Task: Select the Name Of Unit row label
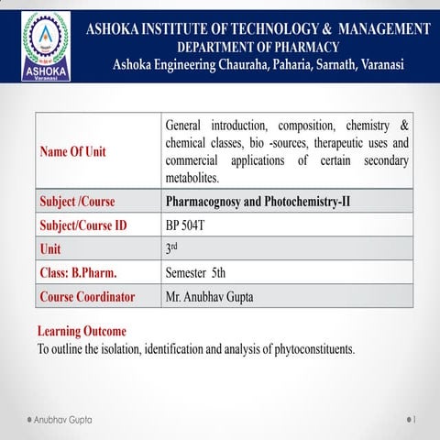click(x=72, y=152)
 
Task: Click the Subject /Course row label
click(x=77, y=201)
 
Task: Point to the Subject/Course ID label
click(x=82, y=225)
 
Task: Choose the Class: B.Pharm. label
click(x=78, y=272)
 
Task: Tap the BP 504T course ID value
click(x=187, y=225)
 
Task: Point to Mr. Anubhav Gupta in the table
click(x=213, y=296)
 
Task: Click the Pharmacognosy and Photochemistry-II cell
click(x=258, y=201)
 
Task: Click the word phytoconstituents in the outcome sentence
click(x=310, y=349)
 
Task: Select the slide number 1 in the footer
click(x=415, y=418)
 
